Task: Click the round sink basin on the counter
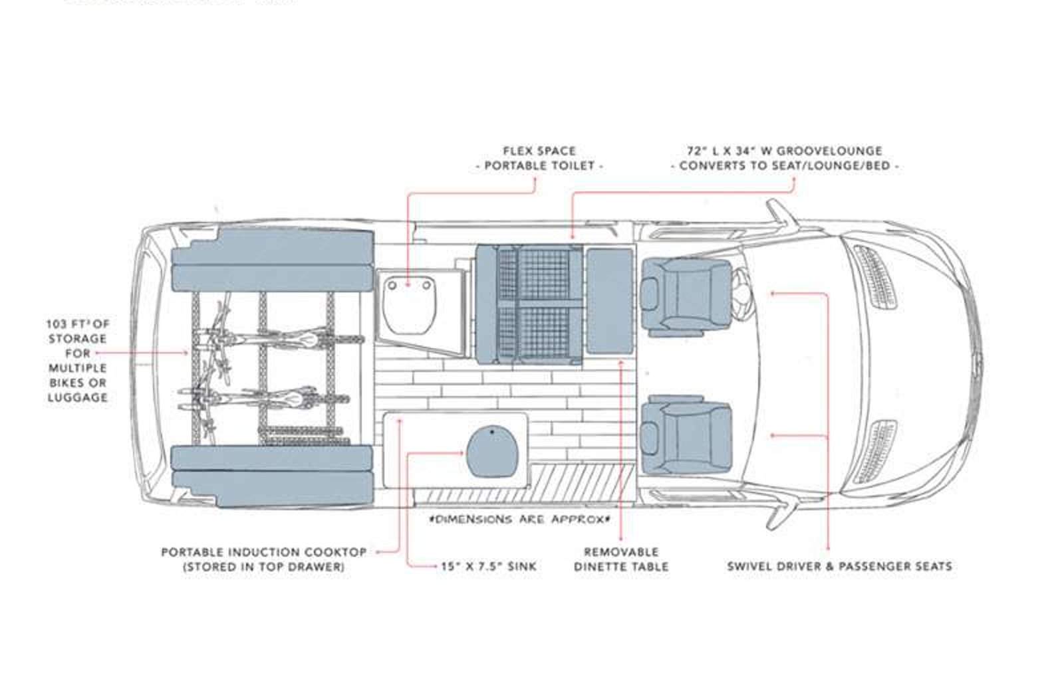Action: click(491, 452)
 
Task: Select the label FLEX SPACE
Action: click(539, 151)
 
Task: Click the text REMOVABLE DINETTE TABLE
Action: click(621, 559)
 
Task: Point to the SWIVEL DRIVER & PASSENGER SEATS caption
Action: click(840, 566)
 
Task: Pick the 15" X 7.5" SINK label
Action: click(489, 566)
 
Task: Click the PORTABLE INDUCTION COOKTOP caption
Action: click(264, 552)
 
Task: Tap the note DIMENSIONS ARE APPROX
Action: click(519, 519)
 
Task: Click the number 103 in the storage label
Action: click(56, 324)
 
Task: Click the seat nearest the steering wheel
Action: click(686, 296)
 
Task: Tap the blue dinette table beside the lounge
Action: click(609, 301)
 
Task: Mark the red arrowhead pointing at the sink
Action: click(461, 453)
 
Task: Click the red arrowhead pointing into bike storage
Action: click(186, 353)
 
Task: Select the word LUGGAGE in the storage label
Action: click(78, 398)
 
